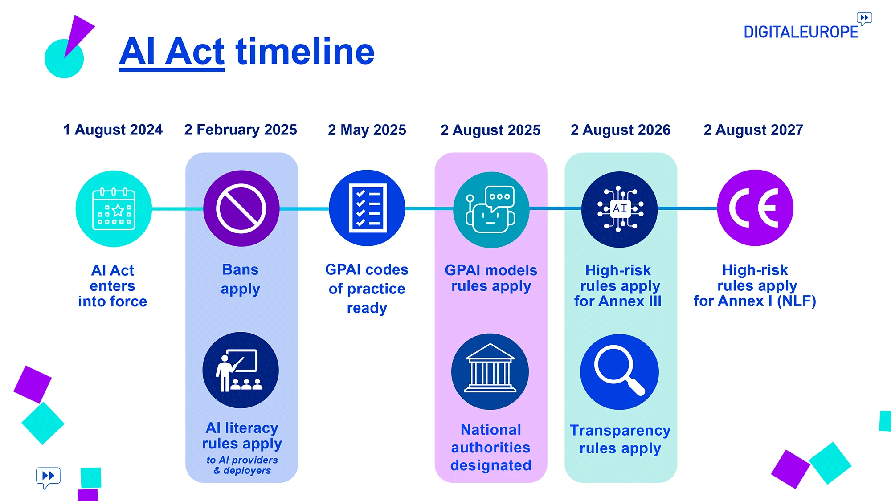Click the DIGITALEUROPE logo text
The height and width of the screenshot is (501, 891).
tap(801, 32)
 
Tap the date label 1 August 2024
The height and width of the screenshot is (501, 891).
tap(113, 130)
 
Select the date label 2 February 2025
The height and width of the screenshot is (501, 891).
tap(241, 130)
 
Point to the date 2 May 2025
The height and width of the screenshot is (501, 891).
tap(367, 130)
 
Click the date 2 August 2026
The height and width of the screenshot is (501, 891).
tap(620, 130)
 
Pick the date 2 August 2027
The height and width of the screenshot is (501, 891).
tap(753, 130)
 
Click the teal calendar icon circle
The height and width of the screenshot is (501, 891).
tap(114, 208)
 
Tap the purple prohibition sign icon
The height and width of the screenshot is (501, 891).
tap(241, 208)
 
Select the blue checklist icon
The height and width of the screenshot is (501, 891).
tap(367, 208)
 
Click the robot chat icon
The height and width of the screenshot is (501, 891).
tap(491, 209)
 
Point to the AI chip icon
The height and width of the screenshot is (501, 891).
tap(619, 209)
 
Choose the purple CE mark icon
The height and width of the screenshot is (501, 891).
tap(755, 208)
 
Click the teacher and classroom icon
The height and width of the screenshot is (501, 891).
tap(241, 370)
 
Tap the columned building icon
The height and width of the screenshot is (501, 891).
tap(490, 371)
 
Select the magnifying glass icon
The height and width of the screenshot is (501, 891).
tap(619, 371)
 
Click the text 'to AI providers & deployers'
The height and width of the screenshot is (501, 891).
tap(242, 465)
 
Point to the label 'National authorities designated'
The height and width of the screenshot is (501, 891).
tap(490, 447)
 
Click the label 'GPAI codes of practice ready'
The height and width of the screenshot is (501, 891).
tap(367, 289)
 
